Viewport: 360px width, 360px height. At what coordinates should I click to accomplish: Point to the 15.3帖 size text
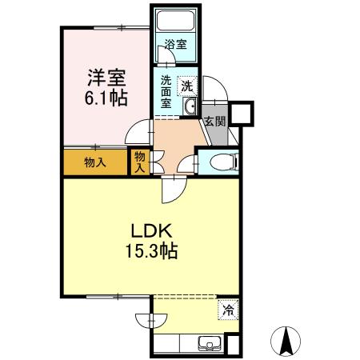click(150, 251)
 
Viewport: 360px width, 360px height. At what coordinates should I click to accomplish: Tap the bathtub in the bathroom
click(175, 22)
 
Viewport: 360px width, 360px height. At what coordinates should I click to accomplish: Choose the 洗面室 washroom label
click(166, 90)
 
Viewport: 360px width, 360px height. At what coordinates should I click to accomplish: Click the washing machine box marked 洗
click(186, 84)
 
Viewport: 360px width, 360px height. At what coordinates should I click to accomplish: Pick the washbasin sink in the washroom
click(191, 106)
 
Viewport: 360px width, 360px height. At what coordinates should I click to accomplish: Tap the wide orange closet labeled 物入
click(95, 162)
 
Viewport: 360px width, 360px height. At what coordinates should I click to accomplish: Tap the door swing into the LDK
click(172, 190)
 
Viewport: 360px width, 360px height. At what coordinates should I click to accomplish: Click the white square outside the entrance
click(242, 113)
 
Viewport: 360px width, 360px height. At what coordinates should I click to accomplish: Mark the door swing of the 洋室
click(141, 132)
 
